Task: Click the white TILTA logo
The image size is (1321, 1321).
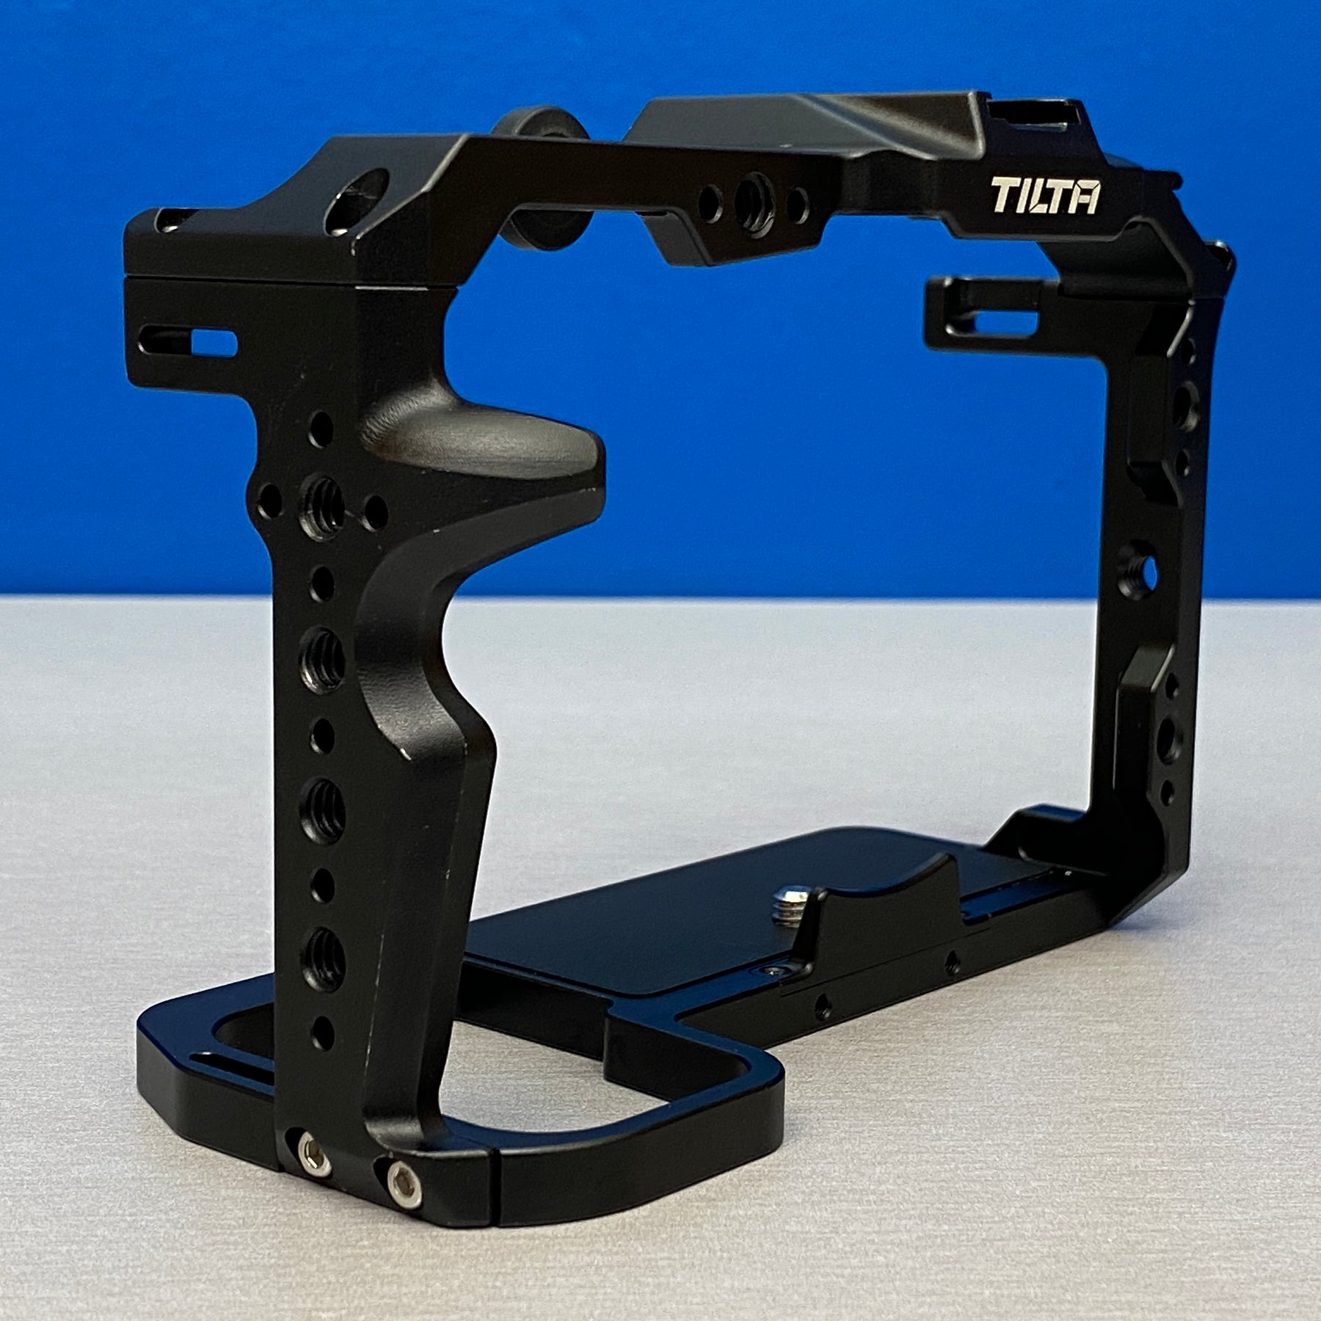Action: [1045, 196]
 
